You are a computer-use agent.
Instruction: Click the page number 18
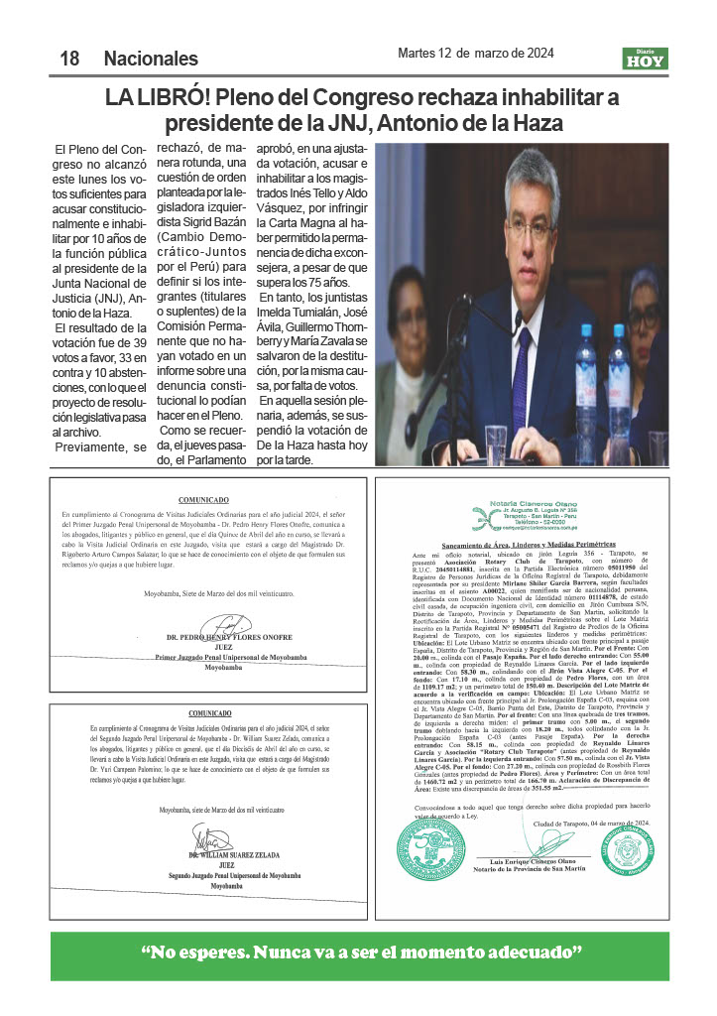[x=69, y=59]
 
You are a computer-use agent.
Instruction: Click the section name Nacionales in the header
[x=151, y=59]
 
